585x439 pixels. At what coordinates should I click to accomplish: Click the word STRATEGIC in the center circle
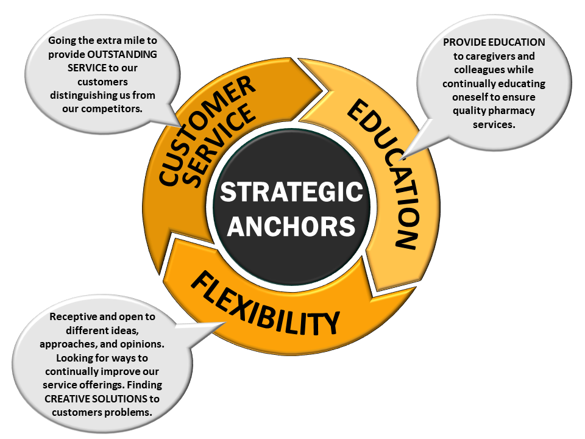291,193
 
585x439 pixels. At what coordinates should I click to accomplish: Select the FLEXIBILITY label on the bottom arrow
265,304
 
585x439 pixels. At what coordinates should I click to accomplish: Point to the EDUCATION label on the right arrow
385,174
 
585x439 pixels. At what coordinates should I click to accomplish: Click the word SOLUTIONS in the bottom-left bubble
124,399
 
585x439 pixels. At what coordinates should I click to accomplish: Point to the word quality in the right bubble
469,110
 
